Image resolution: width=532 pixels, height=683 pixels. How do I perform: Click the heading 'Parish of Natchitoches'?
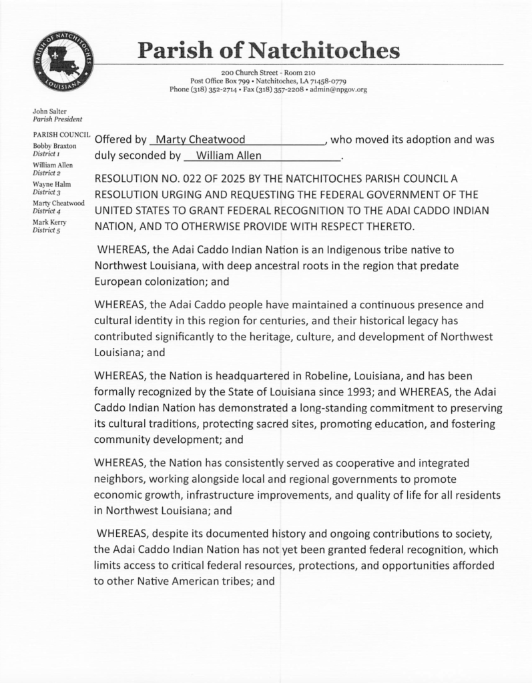click(268, 50)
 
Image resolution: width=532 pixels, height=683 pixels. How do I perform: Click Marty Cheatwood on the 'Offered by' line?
click(200, 140)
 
